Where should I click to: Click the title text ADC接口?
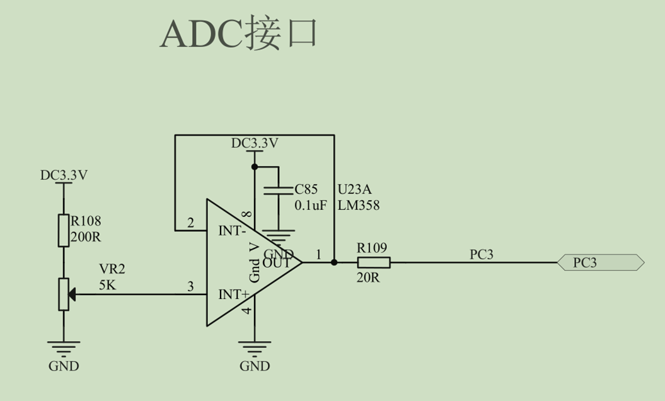pos(239,33)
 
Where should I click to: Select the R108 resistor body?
pos(64,230)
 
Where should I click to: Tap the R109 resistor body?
pos(374,262)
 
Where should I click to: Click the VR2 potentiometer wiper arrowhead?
pos(72,294)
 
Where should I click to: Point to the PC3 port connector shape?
pos(601,262)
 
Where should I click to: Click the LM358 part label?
pos(359,206)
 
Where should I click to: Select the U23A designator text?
pos(354,189)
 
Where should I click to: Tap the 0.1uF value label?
pos(311,206)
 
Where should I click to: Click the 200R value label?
pos(86,237)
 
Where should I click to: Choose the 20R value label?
pos(368,277)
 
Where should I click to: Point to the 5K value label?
pos(107,285)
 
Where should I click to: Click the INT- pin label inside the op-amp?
pos(232,231)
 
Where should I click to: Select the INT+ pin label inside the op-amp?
pos(234,294)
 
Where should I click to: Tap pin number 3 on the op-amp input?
pos(190,286)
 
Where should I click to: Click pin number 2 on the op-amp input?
pos(190,223)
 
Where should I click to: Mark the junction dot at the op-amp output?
pos(334,262)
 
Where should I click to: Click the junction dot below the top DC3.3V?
pos(255,166)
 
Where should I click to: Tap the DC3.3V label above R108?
pos(64,175)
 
